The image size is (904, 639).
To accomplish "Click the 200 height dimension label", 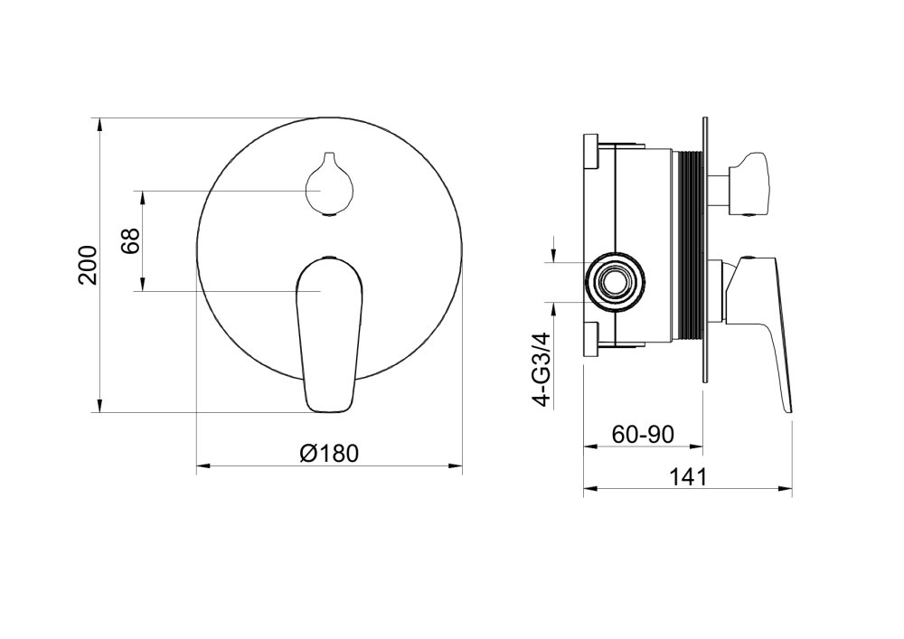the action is click(88, 265).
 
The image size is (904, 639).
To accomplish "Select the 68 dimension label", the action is click(131, 240).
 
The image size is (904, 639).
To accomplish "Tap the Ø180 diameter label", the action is click(329, 454).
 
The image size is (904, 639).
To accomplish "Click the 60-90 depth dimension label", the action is click(643, 434).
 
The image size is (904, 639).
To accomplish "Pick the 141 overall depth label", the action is click(687, 476).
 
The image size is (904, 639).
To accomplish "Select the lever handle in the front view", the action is click(329, 334).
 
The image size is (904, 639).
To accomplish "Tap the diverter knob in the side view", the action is click(744, 184).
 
